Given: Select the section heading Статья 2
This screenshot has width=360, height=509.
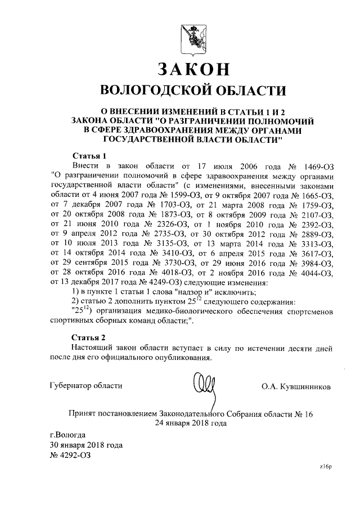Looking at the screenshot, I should (x=89, y=337).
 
